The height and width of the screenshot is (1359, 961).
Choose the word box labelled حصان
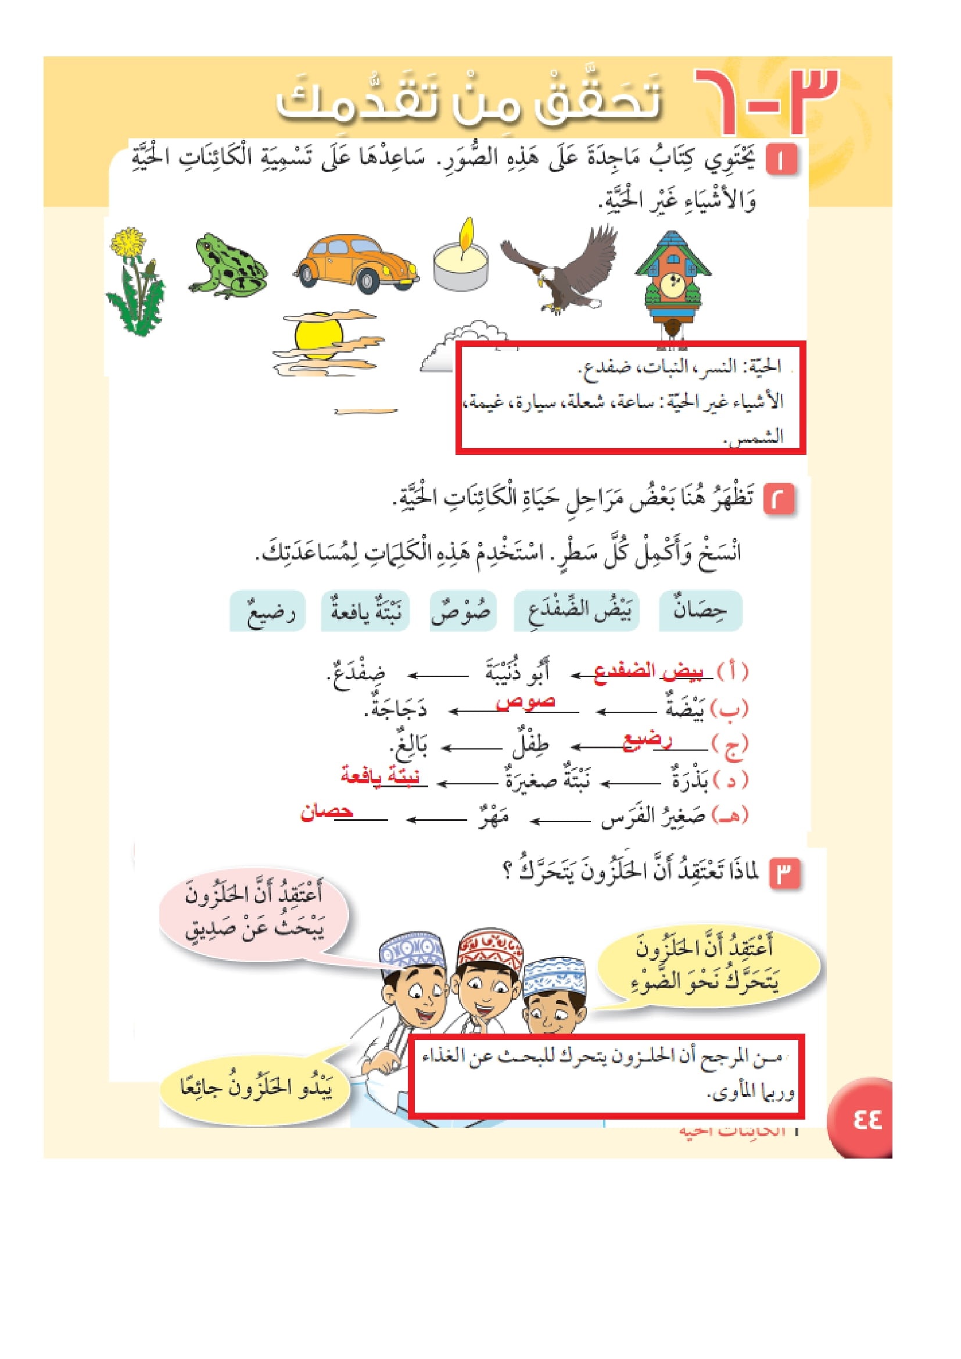click(700, 610)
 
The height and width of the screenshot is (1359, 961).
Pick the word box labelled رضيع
click(267, 611)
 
